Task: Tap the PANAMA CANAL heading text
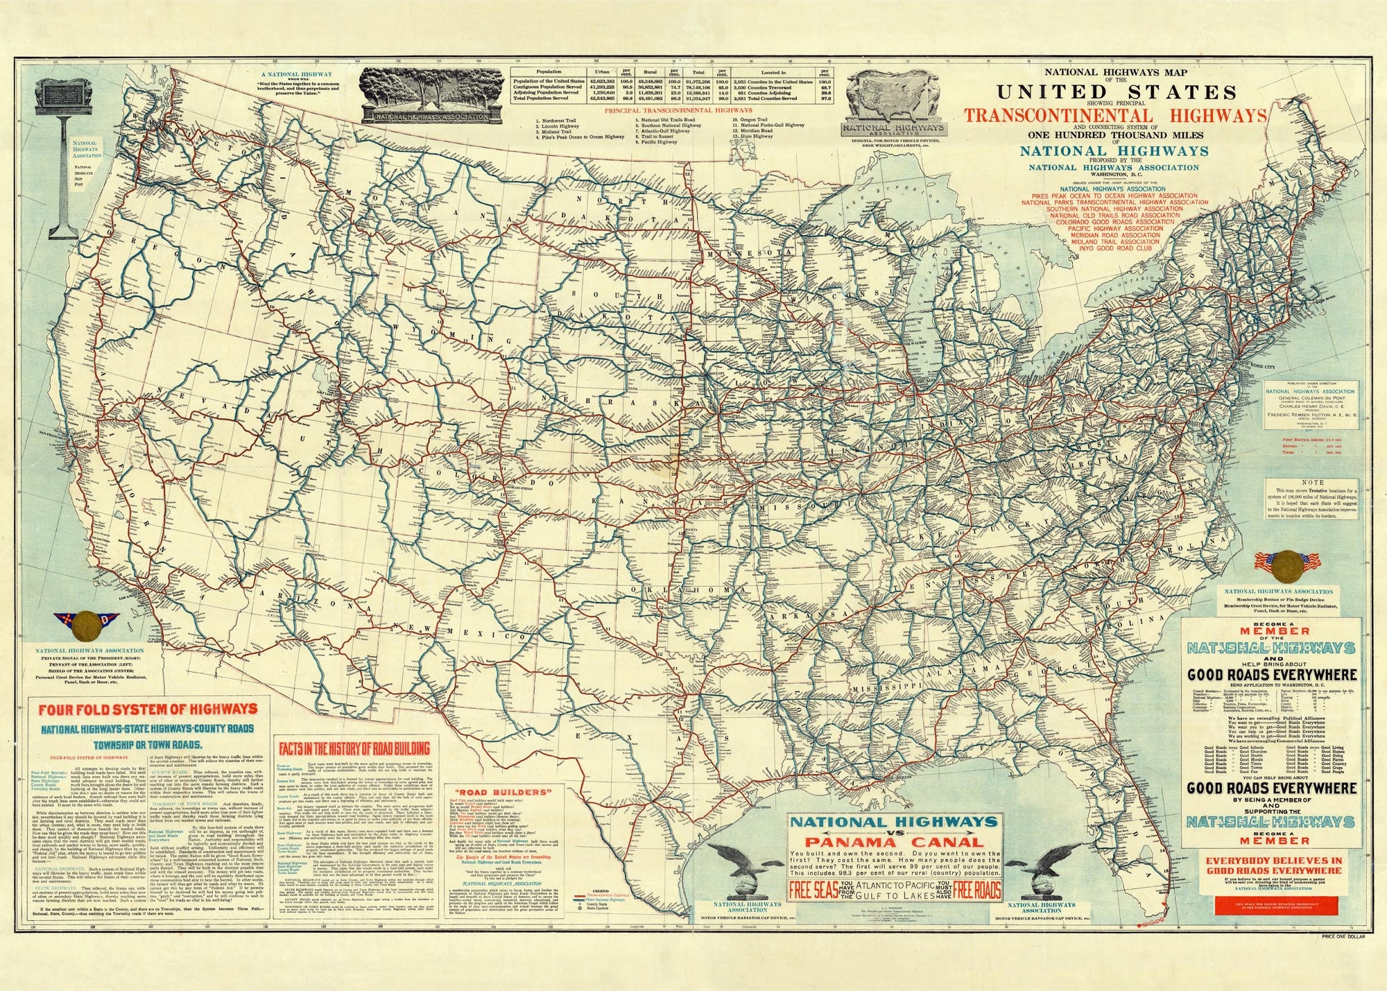tap(895, 842)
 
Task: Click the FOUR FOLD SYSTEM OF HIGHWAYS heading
tap(148, 710)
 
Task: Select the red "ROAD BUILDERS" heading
tap(492, 791)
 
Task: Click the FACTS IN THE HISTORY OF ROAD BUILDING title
tap(354, 748)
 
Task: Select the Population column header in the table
tap(549, 72)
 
